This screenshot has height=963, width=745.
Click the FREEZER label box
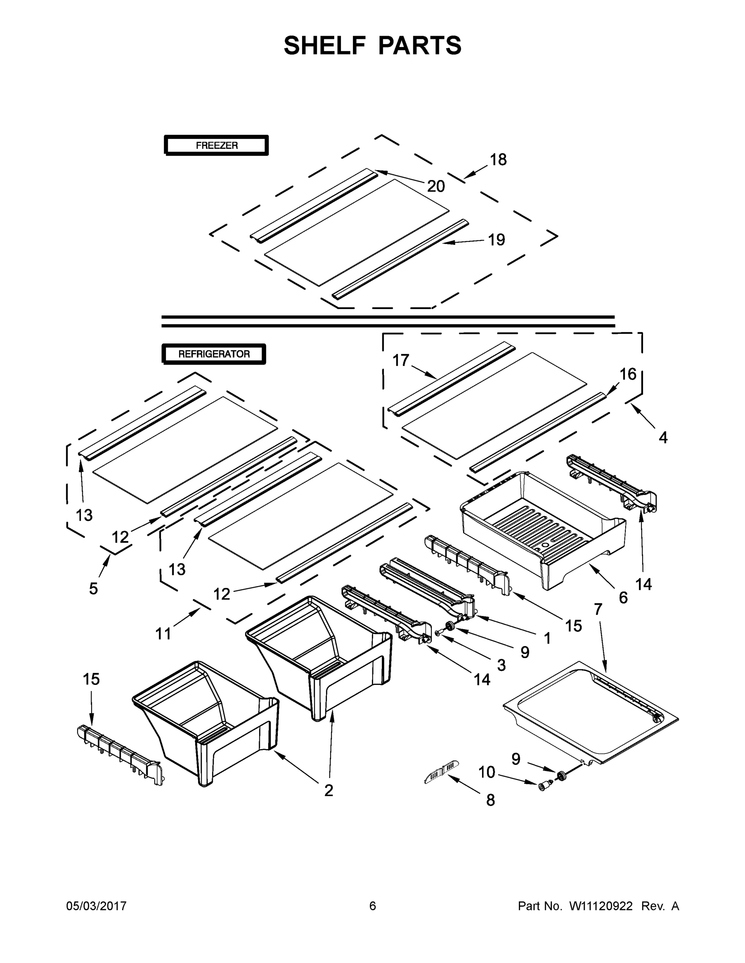tap(216, 145)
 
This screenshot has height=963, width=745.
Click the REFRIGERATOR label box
tap(214, 354)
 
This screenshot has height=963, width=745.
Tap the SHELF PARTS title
tap(373, 45)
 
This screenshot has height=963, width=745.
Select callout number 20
tap(436, 187)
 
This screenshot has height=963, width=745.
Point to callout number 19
tap(496, 240)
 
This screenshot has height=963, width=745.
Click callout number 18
tap(498, 160)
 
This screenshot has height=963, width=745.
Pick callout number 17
tap(401, 360)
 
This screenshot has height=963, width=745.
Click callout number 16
tap(628, 374)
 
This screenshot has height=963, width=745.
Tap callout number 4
tap(663, 437)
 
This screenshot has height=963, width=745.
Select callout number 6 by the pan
tap(623, 598)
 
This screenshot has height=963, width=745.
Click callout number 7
tap(598, 609)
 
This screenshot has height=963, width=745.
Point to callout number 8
tap(490, 800)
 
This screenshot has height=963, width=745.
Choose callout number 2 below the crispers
tap(329, 790)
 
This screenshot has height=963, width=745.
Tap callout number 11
tap(163, 634)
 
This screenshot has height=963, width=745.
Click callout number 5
tap(93, 588)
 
